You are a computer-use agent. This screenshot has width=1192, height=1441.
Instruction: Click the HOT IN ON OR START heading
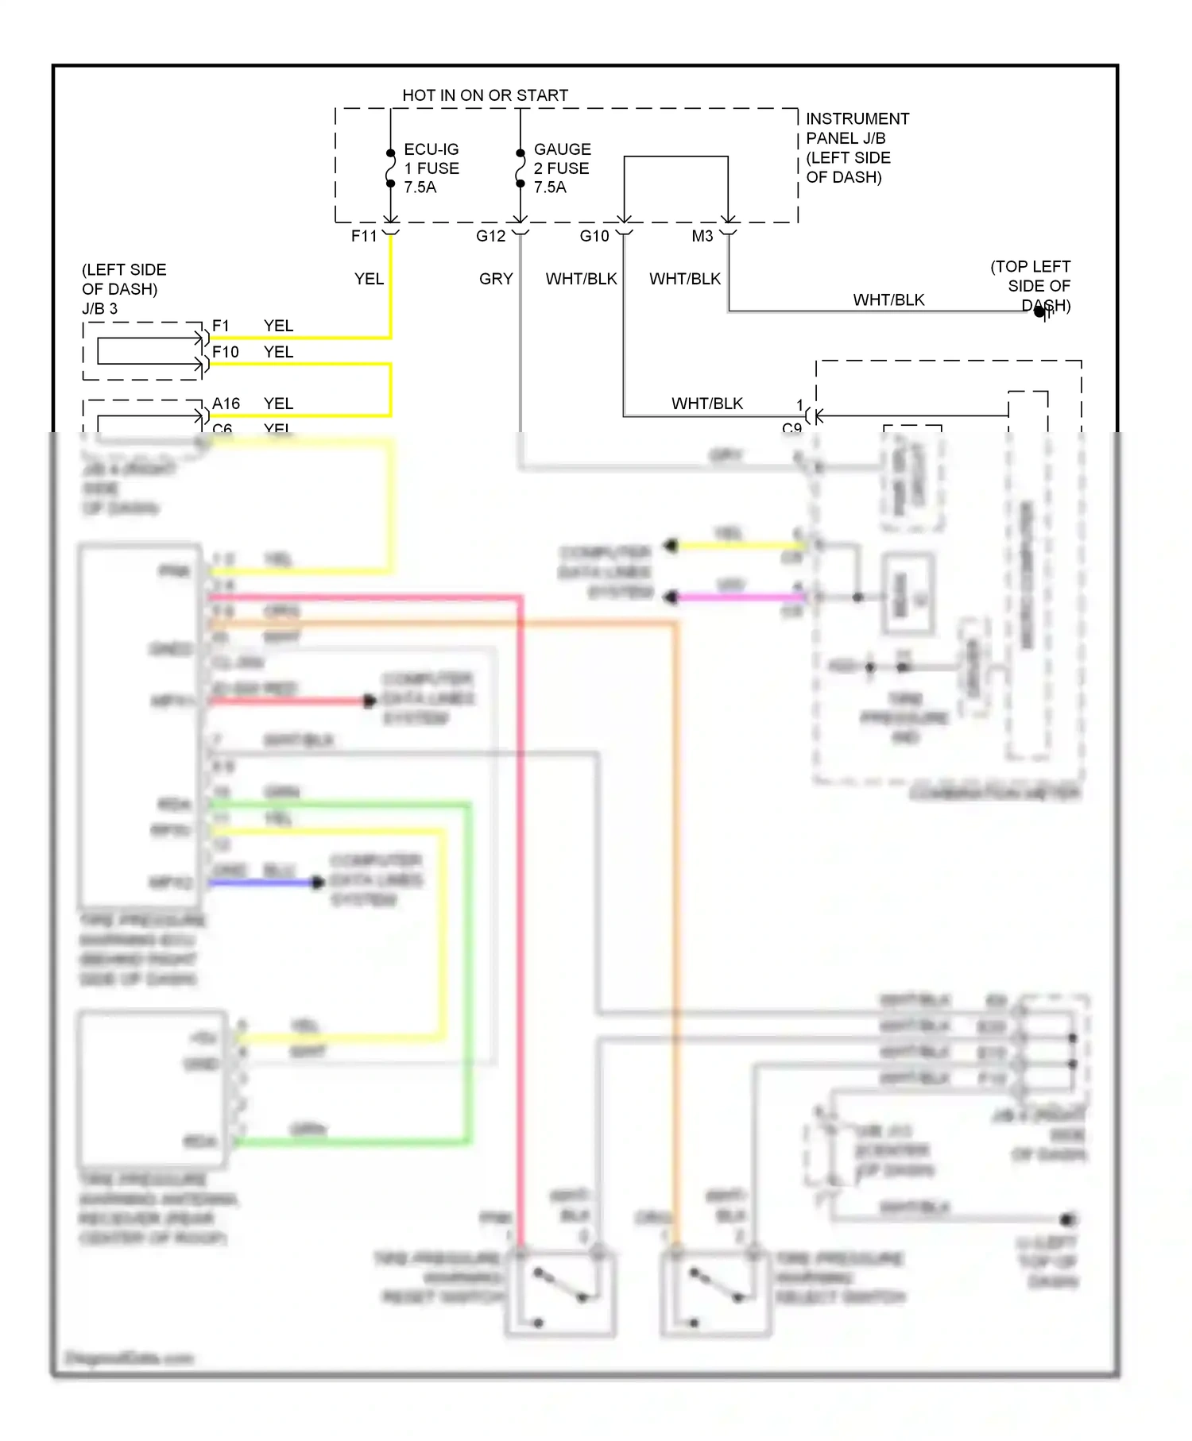coord(485,95)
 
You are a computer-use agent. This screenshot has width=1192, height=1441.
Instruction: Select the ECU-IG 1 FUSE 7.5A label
coord(431,168)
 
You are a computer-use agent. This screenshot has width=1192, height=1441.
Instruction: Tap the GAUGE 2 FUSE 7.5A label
coord(562,168)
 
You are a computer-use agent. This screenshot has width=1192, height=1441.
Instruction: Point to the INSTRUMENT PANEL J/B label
coord(857,129)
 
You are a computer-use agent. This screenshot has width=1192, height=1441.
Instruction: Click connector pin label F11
coord(364,236)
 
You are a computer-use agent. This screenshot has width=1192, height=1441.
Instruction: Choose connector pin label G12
coord(490,236)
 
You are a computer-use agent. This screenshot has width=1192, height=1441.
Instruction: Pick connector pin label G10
coord(594,236)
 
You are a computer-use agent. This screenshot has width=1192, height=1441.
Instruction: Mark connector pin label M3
coord(702,236)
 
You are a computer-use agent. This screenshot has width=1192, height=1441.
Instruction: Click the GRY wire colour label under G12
coord(496,279)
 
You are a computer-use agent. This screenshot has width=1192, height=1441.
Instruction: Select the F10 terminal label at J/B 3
coord(225,352)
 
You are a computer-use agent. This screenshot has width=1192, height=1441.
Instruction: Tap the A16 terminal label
coord(226,404)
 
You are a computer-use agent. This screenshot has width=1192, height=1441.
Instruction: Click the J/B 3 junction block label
coord(99,309)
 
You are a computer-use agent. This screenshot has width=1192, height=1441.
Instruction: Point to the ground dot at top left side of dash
coord(1039,312)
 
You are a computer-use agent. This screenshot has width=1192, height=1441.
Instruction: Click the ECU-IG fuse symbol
coord(390,168)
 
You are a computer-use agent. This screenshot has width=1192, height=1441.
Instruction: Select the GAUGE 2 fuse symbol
coord(521,168)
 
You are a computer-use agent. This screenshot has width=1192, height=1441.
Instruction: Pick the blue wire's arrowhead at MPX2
coord(318,882)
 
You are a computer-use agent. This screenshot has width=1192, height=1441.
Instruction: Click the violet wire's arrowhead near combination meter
coord(671,597)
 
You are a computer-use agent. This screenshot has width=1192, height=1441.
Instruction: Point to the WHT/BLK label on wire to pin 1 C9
coord(706,404)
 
